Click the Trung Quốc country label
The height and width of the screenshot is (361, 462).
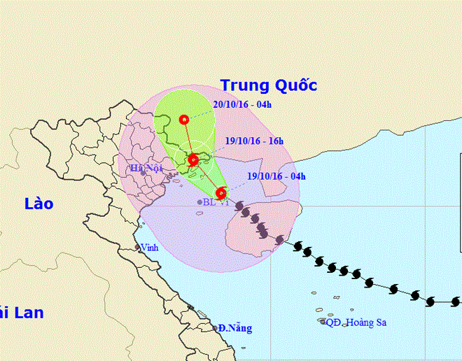pos(269,85)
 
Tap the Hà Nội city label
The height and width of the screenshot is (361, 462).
pos(146,169)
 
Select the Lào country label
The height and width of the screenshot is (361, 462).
pos(38,204)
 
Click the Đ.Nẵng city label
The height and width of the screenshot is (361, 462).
pos(234,327)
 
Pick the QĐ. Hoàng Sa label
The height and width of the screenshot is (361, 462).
pos(356,323)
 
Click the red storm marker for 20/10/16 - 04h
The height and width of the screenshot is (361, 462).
pos(184,120)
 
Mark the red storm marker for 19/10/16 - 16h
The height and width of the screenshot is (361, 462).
pos(193,158)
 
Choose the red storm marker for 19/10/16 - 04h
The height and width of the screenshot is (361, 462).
pos(221,192)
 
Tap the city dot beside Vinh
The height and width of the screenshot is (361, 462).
pos(138,248)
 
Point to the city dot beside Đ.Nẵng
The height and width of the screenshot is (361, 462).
pos(214,327)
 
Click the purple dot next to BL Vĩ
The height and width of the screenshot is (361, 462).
pos(199,202)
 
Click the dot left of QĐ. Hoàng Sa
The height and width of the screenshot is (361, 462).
pos(323,323)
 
